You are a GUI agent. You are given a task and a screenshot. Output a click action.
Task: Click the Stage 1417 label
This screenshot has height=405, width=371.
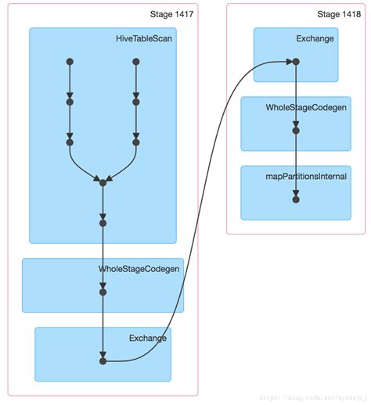[x=171, y=15]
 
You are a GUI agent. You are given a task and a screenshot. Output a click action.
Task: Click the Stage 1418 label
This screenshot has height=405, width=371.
[x=340, y=15]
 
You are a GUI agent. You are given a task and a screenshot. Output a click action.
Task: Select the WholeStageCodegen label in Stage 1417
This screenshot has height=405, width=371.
[x=139, y=269]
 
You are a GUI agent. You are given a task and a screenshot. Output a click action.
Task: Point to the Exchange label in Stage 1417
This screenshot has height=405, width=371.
[x=148, y=338]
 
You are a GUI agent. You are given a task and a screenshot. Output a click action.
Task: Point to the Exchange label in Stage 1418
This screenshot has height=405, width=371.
[x=315, y=38]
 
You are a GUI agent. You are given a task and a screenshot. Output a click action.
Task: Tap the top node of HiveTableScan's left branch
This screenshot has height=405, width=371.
[x=70, y=61]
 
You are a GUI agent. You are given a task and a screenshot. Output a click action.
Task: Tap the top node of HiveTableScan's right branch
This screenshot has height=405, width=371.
[x=136, y=61]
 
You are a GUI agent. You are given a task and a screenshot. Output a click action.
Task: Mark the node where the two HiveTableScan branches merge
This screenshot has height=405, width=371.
[x=103, y=183]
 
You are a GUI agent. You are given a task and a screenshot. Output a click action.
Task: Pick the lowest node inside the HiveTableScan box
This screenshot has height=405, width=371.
[x=103, y=223]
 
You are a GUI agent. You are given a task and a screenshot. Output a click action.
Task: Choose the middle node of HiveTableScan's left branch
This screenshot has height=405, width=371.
[x=70, y=102]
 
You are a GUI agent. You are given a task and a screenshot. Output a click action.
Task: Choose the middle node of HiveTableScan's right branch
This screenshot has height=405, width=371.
[x=136, y=102]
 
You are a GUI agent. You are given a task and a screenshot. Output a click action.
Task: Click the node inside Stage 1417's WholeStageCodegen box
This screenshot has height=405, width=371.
[x=103, y=292]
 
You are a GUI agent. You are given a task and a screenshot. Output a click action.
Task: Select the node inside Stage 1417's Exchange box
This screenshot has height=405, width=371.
[x=103, y=361]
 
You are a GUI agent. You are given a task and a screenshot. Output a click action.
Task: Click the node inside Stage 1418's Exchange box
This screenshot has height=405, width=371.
[x=296, y=61]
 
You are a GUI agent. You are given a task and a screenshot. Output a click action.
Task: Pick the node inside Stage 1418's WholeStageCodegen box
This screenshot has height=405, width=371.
[x=296, y=131]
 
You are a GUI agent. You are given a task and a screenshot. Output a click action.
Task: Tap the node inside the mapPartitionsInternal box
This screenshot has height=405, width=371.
[x=296, y=199]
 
